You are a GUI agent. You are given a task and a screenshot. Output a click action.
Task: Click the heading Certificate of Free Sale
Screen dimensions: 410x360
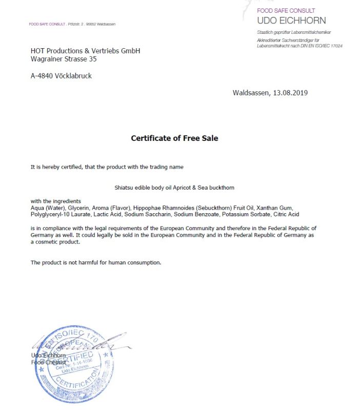point(174,138)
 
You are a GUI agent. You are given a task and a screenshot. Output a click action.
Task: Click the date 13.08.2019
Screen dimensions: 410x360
point(290,93)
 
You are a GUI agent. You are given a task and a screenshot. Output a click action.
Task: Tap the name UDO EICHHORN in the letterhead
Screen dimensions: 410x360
point(291,20)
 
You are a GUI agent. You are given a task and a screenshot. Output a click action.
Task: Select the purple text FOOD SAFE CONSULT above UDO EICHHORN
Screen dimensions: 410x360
point(286,10)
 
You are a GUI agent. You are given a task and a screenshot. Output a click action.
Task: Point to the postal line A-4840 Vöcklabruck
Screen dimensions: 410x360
point(61,76)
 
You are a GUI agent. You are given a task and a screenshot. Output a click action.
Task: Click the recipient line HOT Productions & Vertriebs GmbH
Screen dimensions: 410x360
point(85,51)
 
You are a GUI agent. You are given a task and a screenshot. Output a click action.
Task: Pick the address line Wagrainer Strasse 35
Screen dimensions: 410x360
point(64,59)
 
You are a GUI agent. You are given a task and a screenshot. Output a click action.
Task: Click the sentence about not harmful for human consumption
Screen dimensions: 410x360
point(96,262)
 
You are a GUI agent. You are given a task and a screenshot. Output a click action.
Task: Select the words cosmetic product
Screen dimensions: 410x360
point(54,241)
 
